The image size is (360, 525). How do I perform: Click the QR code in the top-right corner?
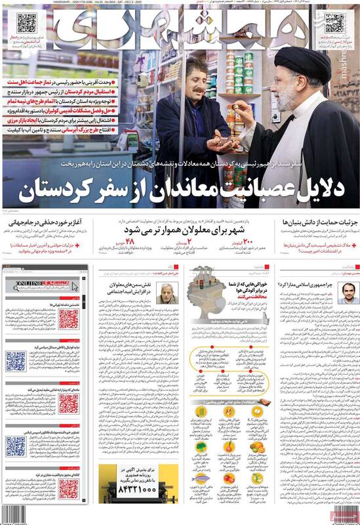click(x=334, y=24)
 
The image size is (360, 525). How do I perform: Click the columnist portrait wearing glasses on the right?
click(x=343, y=293)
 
